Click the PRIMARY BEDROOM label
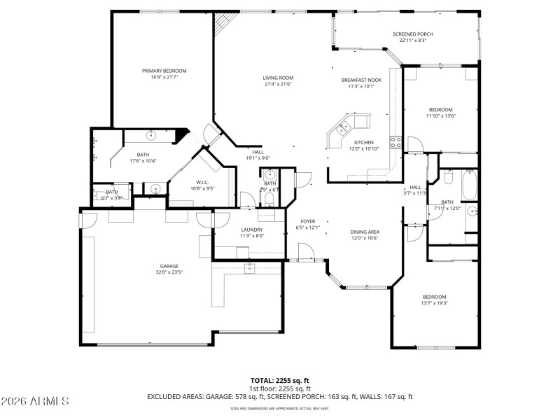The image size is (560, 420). (164, 71)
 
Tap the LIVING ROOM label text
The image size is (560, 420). (278, 78)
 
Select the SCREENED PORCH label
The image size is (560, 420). (413, 34)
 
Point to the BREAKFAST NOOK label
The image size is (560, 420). (362, 80)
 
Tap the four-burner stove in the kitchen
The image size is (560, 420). (396, 143)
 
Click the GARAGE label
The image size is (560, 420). (169, 266)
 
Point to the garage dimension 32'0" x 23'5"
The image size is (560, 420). (169, 273)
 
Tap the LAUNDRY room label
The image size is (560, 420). (251, 230)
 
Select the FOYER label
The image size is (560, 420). (308, 221)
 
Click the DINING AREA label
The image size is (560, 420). (365, 232)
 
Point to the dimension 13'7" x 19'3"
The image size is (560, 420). (434, 303)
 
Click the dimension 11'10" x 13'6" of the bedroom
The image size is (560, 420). (441, 116)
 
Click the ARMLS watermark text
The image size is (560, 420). (35, 401)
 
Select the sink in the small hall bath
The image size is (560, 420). (270, 174)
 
